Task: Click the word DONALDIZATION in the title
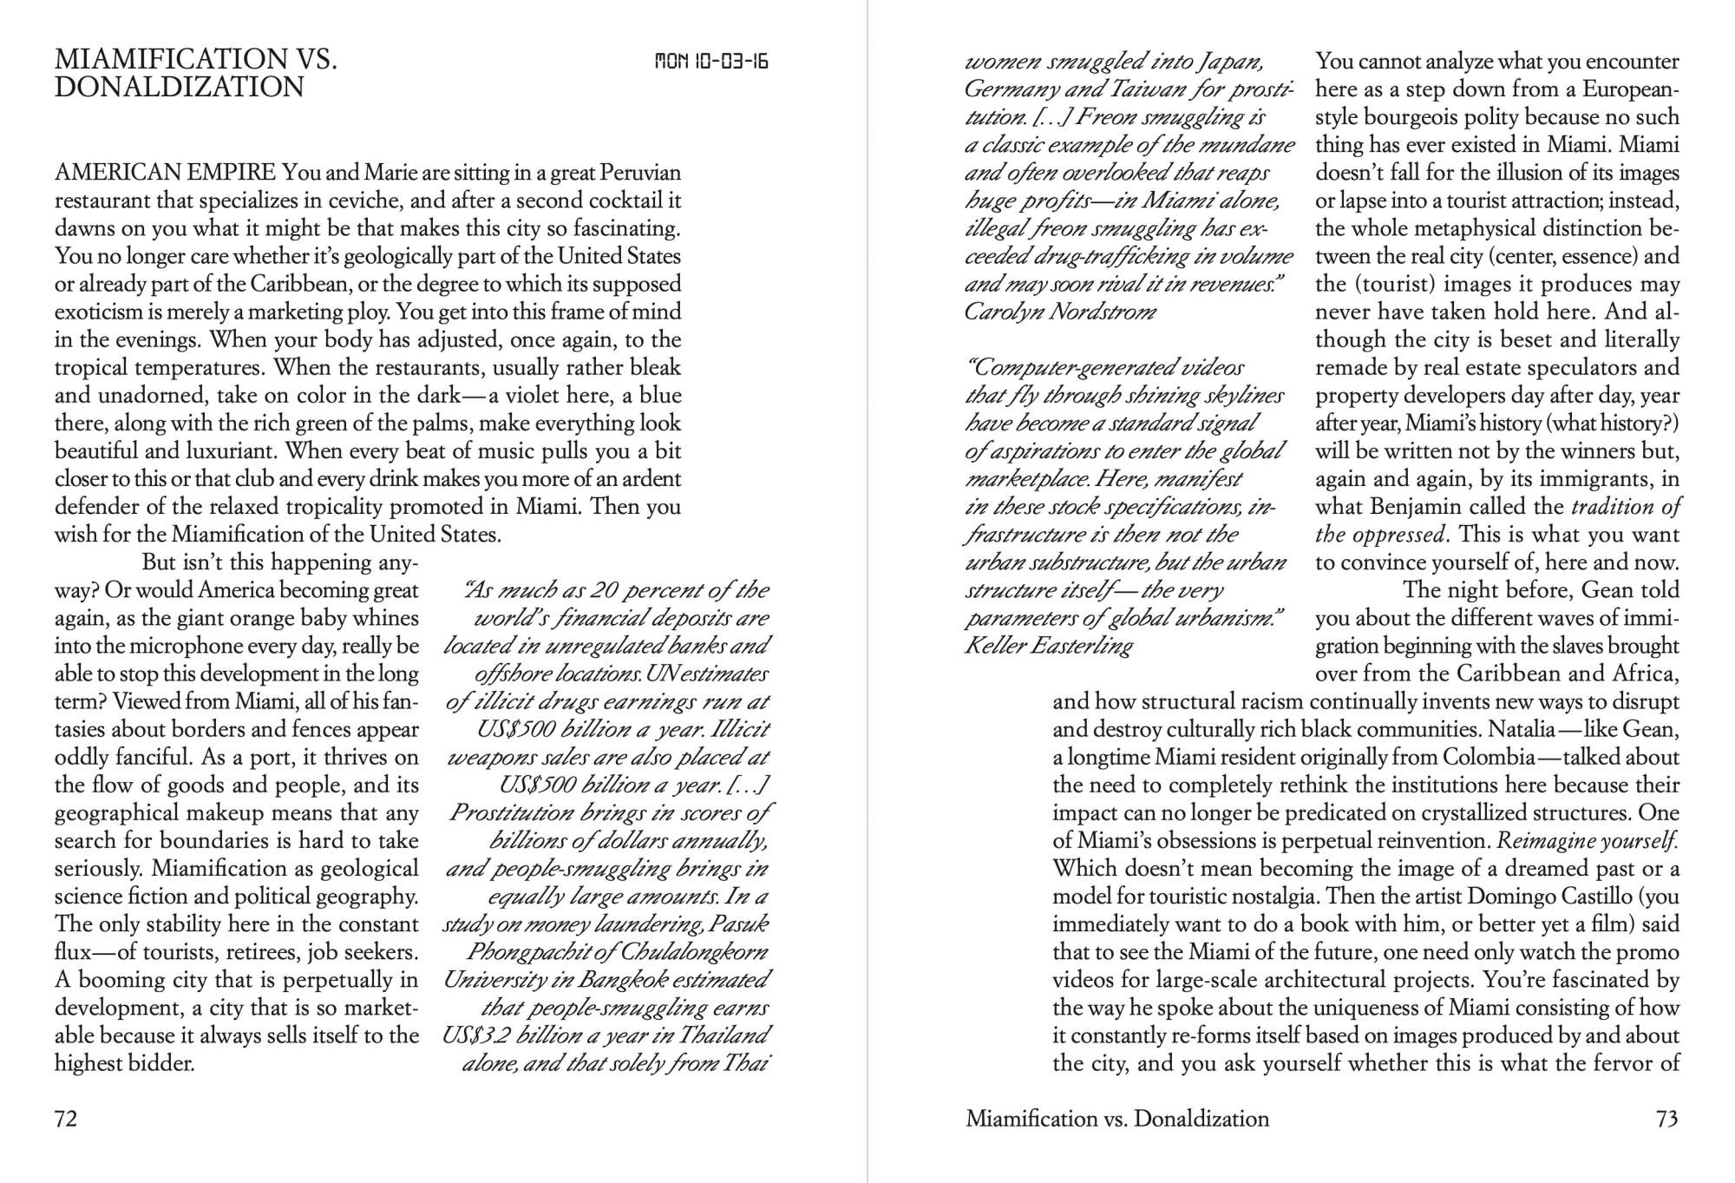(x=180, y=88)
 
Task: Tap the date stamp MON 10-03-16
(x=711, y=62)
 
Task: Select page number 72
(x=66, y=1119)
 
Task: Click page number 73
(x=1666, y=1119)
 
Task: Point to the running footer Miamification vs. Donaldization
(x=1117, y=1119)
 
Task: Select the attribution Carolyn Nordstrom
(x=1060, y=312)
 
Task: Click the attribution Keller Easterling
(x=1049, y=646)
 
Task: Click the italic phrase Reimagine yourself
(x=1588, y=841)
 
